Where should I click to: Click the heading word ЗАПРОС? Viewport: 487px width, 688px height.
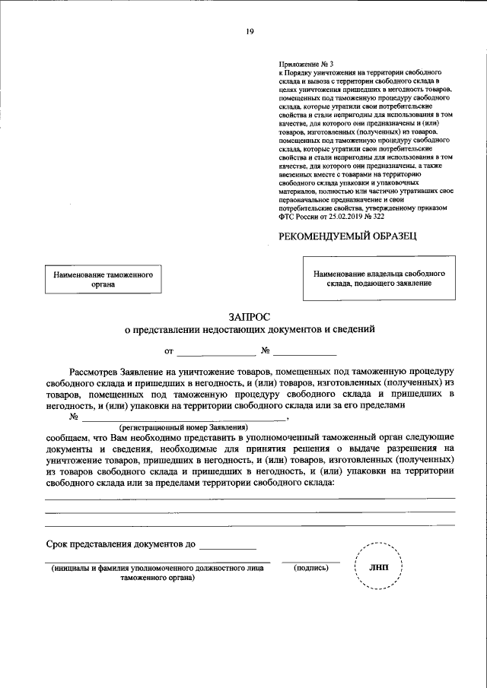point(249,315)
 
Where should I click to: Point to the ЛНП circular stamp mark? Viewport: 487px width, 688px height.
point(377,567)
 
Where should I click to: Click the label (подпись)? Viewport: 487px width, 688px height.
point(310,568)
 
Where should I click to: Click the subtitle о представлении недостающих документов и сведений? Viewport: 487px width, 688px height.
point(249,330)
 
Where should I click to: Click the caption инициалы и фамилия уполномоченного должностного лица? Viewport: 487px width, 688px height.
point(158,568)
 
